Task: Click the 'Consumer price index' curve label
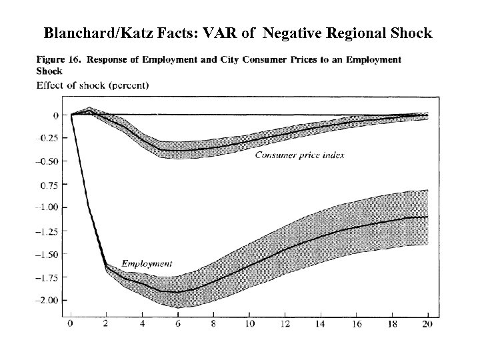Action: (295, 155)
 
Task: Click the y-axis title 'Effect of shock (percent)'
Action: (92, 85)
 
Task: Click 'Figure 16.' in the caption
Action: (58, 59)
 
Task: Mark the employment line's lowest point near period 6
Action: (178, 292)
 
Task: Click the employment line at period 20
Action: (427, 217)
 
